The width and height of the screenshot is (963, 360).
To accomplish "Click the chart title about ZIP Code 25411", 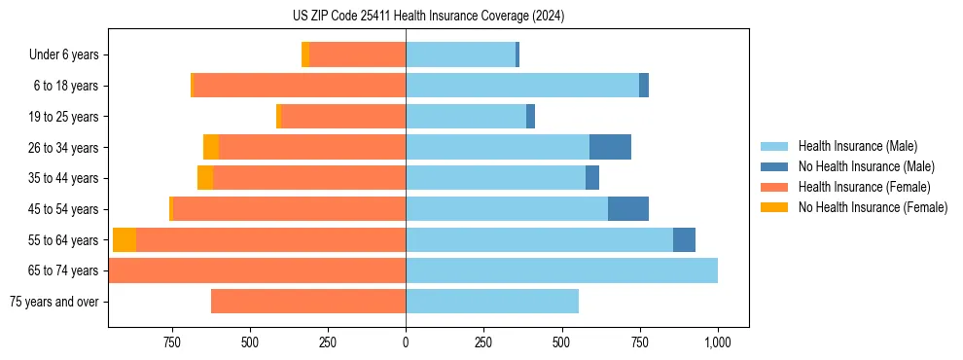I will (428, 17).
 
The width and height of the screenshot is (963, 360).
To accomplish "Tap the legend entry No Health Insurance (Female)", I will (873, 207).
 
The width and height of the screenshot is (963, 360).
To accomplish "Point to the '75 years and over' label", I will (54, 302).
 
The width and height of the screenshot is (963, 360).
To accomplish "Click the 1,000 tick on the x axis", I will (718, 343).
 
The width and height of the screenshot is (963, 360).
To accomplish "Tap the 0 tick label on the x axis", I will (406, 343).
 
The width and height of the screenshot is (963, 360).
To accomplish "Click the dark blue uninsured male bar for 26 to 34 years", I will (610, 147).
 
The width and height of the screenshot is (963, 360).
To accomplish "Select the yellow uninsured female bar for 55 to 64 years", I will (125, 239).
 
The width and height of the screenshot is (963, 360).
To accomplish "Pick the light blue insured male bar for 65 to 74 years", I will (561, 270).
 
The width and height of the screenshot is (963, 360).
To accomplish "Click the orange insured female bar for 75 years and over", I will (308, 302).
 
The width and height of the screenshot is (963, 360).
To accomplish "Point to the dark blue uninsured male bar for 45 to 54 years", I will (628, 209).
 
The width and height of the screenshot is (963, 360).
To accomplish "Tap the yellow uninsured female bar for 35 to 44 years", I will (205, 178).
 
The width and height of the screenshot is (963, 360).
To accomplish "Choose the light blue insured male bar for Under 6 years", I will (460, 55).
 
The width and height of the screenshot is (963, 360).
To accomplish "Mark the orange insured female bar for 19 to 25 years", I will (343, 117).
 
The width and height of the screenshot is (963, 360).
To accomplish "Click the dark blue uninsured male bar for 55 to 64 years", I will (684, 239).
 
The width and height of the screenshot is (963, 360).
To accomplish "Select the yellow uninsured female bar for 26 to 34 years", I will (211, 147).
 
